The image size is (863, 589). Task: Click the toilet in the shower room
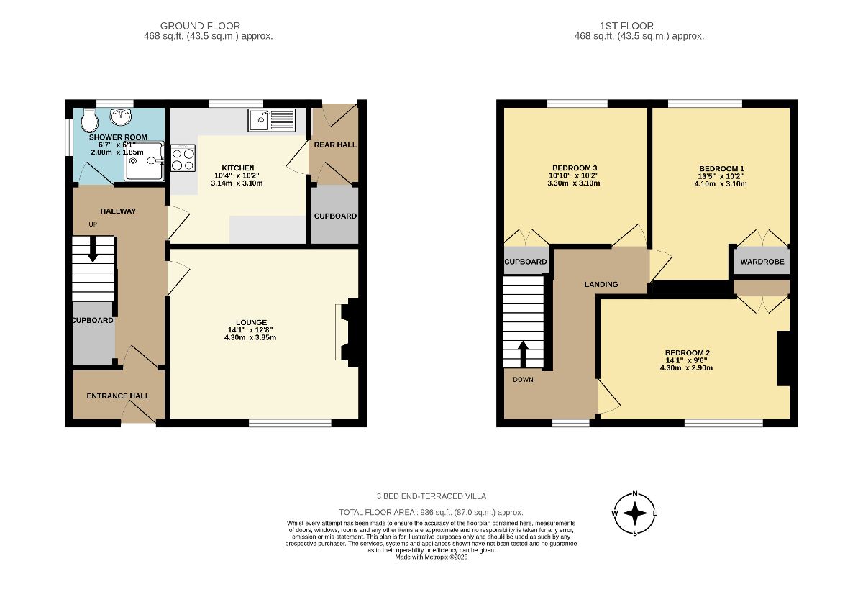pyautogui.click(x=90, y=119)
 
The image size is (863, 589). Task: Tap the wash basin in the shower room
pyautogui.click(x=122, y=117)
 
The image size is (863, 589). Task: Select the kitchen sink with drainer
pyautogui.click(x=272, y=120)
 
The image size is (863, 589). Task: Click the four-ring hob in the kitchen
pyautogui.click(x=183, y=158)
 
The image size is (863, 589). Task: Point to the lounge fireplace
pyautogui.click(x=350, y=332)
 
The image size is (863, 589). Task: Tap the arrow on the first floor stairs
pyautogui.click(x=523, y=354)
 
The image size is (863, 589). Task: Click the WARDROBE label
pyautogui.click(x=762, y=262)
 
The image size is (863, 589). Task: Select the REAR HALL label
pyautogui.click(x=335, y=145)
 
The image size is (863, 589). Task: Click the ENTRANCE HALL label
pyautogui.click(x=118, y=396)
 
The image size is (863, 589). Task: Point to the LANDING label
pyautogui.click(x=601, y=284)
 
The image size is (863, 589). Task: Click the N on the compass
pyautogui.click(x=635, y=494)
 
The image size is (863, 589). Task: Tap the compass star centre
pyautogui.click(x=635, y=513)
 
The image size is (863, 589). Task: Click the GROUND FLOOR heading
pyautogui.click(x=201, y=26)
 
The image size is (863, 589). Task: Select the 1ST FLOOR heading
pyautogui.click(x=627, y=26)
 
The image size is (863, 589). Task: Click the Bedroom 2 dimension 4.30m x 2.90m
pyautogui.click(x=686, y=368)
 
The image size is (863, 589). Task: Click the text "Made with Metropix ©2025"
pyautogui.click(x=431, y=557)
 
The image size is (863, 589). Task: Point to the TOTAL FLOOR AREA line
pyautogui.click(x=431, y=512)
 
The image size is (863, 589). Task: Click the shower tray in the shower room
pyautogui.click(x=144, y=160)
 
